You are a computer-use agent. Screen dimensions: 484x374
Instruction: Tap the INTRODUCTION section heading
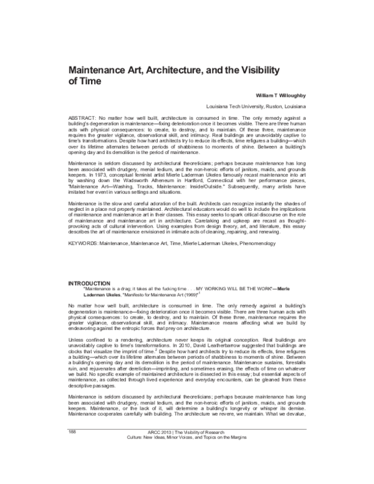(89, 283)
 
